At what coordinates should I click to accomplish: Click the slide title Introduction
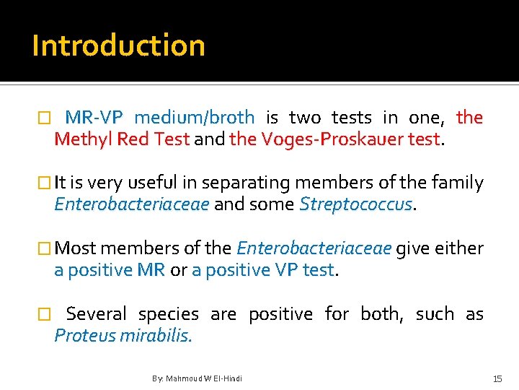[x=118, y=45]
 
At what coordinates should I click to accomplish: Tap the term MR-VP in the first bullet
[x=94, y=117]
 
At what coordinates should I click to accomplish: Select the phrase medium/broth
[x=194, y=117]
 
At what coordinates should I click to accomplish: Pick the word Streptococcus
[x=356, y=204]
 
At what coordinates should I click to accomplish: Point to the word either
[x=459, y=248]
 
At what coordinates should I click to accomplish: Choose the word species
[x=168, y=314]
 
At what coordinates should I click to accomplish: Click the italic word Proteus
[x=80, y=336]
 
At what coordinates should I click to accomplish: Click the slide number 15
[x=497, y=378]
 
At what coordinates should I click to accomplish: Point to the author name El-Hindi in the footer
[x=229, y=378]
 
